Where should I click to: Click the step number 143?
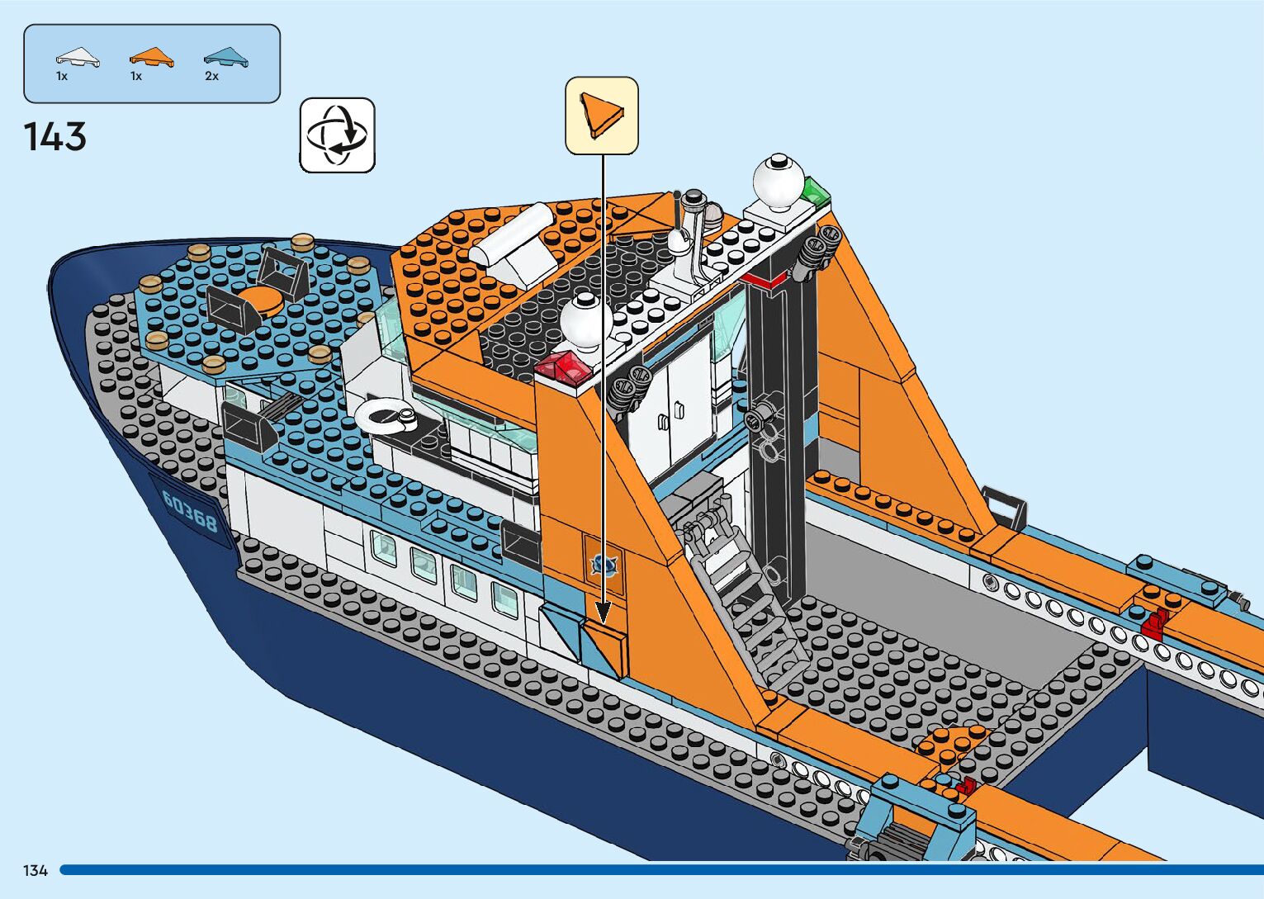[x=54, y=137]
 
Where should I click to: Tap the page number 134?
[x=36, y=871]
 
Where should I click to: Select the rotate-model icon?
[x=337, y=135]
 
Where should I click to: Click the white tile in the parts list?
[x=77, y=58]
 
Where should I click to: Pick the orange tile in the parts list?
[x=151, y=58]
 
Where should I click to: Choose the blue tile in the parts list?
[x=225, y=58]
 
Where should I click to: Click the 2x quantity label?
[x=212, y=76]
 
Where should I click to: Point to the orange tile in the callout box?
[x=599, y=115]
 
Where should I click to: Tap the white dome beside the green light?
[x=778, y=179]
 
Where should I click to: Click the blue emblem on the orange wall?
[x=604, y=565]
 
